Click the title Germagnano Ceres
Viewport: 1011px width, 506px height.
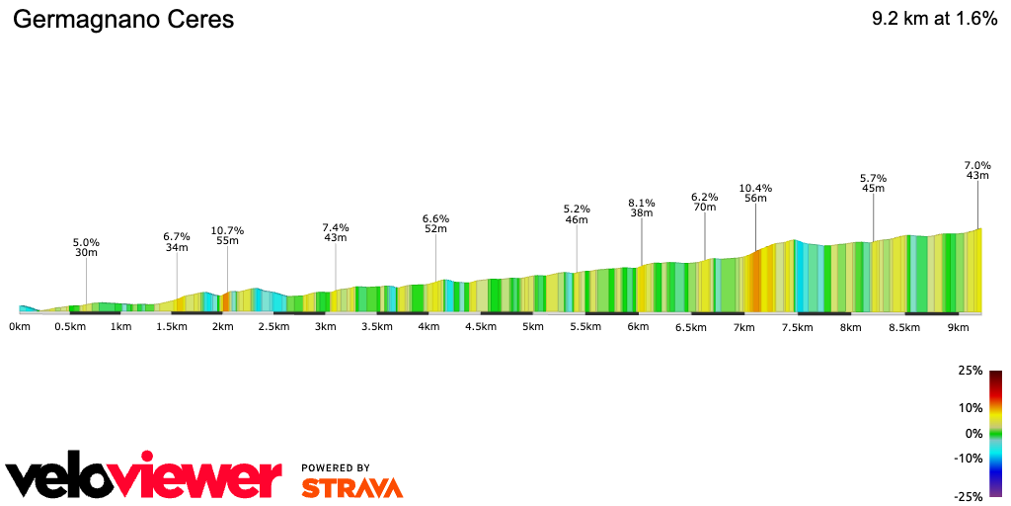[x=123, y=21]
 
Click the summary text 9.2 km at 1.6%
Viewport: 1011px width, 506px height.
[x=934, y=20]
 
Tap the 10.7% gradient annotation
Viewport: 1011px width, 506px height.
[x=227, y=231]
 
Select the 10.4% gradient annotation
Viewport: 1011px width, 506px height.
[x=755, y=188]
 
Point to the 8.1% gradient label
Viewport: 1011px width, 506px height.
[x=642, y=203]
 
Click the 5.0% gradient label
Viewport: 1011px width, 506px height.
[x=86, y=242]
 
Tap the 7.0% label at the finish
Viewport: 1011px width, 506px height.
[x=976, y=165]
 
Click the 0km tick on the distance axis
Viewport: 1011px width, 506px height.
[x=20, y=326]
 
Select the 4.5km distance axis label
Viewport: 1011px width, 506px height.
[x=481, y=326]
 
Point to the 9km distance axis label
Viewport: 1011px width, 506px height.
[x=957, y=326]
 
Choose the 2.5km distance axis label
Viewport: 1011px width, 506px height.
[x=273, y=326]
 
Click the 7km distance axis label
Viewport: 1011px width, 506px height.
[x=744, y=326]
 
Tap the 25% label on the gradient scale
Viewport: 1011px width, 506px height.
[x=971, y=372]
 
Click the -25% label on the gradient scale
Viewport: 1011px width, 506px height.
[x=969, y=496]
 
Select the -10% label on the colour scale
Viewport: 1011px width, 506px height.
[x=969, y=458]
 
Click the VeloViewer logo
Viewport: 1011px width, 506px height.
[x=143, y=477]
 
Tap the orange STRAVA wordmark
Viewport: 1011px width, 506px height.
[x=351, y=487]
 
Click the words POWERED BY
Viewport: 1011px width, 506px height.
[x=336, y=467]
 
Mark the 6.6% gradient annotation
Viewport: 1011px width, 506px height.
[x=435, y=218]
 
